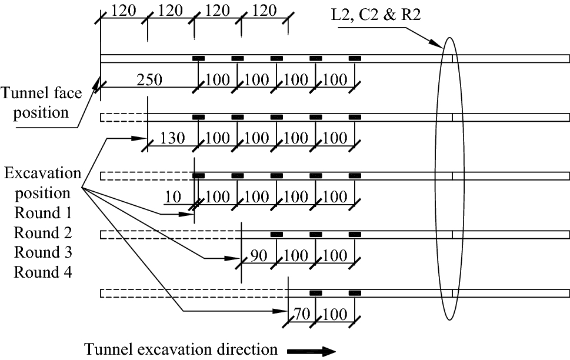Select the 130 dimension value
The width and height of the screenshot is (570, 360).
(172, 138)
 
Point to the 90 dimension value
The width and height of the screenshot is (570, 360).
(262, 256)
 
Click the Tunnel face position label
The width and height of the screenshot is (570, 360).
(35, 103)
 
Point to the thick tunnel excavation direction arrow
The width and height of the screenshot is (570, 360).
(312, 351)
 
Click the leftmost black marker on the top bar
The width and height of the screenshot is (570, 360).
(199, 58)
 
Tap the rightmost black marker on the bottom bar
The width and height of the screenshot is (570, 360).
(355, 293)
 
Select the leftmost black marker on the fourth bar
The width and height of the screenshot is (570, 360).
(277, 234)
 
